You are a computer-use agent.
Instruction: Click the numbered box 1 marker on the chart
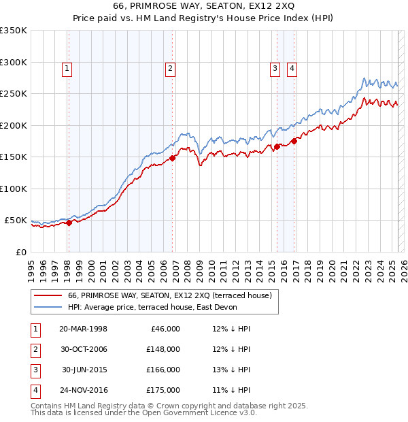[x=68, y=67]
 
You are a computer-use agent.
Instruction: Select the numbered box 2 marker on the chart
[x=169, y=67]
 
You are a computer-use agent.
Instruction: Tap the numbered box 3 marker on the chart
[x=275, y=67]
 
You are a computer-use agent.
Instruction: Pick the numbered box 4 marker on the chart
[x=292, y=67]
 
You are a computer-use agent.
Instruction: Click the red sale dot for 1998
[x=69, y=223]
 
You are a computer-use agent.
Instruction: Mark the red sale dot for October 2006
[x=173, y=158]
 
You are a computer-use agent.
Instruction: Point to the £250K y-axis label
[x=13, y=93]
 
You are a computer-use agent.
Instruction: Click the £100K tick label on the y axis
[x=13, y=189]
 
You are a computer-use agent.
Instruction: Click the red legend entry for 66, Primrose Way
[x=169, y=295]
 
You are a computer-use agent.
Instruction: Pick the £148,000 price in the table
[x=163, y=349]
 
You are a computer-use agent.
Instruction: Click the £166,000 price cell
[x=163, y=370]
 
